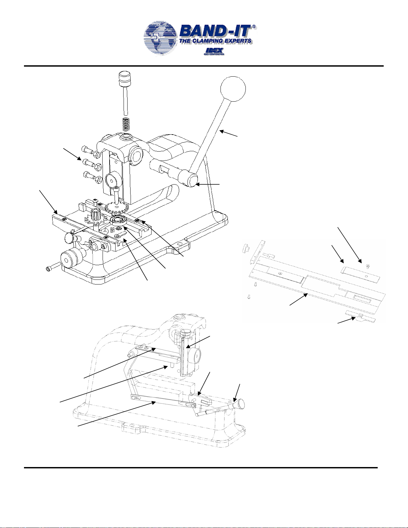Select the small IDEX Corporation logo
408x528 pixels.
coord(214,52)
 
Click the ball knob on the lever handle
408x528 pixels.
coord(233,89)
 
